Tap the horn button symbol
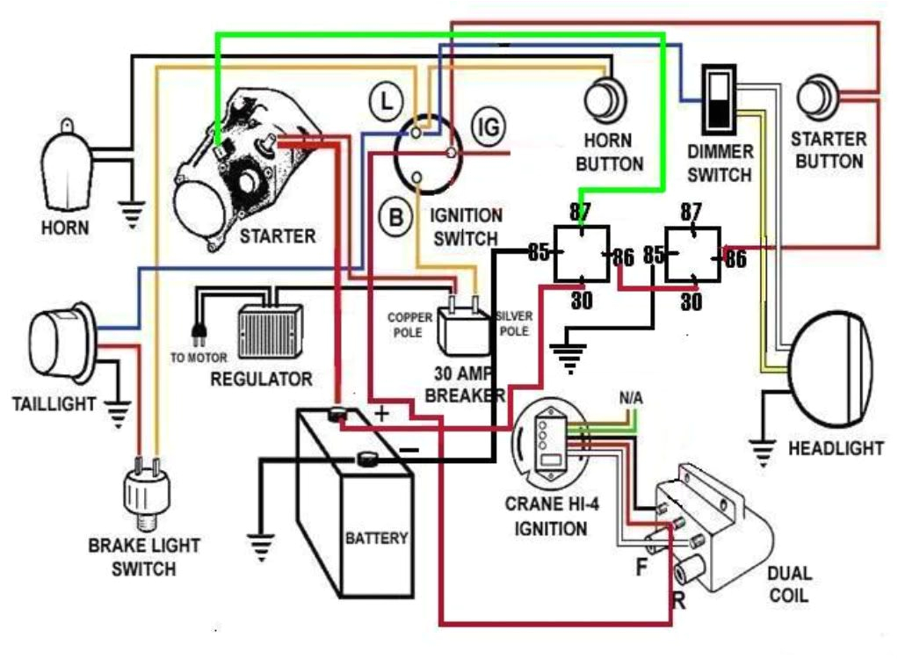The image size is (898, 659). tap(607, 99)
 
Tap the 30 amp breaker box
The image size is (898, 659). tap(463, 331)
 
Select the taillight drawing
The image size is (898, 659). tap(61, 332)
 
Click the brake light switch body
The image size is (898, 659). tap(143, 494)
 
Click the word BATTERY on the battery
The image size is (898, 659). tap(376, 537)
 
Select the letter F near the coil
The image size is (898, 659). tap(641, 567)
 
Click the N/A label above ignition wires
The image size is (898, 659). tap(631, 398)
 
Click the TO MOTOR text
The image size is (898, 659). tap(199, 358)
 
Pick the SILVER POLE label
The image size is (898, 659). tap(512, 323)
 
